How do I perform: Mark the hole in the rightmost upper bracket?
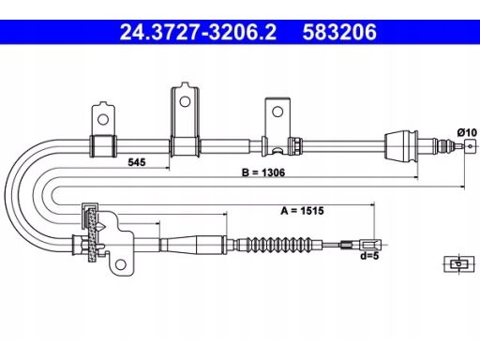click(x=277, y=112)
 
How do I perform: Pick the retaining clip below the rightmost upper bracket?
click(x=276, y=147)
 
